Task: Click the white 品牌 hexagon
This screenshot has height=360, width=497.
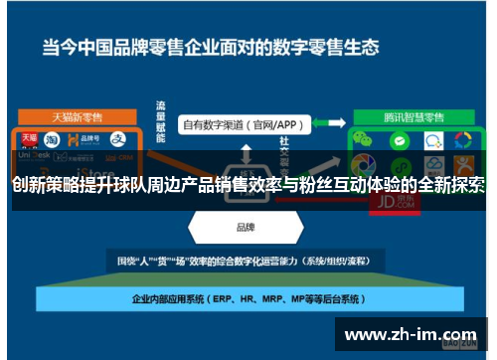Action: [244, 227]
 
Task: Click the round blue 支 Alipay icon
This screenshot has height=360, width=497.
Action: [117, 140]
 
